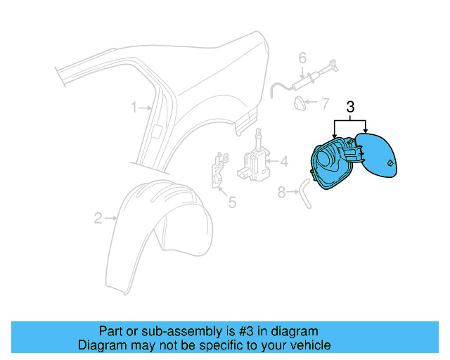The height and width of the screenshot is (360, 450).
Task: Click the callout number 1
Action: (134, 108)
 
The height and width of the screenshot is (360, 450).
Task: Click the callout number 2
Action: (99, 218)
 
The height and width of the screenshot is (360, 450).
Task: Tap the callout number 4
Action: (284, 162)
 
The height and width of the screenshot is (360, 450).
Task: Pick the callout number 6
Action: (303, 58)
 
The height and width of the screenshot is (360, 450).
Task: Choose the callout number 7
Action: (325, 103)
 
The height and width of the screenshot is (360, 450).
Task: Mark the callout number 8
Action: (282, 191)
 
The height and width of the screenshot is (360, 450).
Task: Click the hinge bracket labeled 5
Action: (219, 171)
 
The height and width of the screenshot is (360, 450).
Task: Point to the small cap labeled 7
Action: (300, 103)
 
